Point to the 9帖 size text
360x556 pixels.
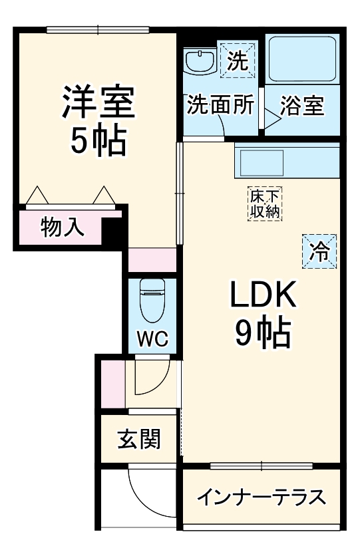[x=264, y=334]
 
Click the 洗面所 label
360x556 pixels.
[x=220, y=106]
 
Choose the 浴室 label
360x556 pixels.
[x=302, y=106]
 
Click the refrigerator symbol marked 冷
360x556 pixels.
[x=320, y=251]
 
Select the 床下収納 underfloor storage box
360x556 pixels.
[x=266, y=204]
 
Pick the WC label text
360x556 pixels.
[x=152, y=340]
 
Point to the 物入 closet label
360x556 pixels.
[x=63, y=227]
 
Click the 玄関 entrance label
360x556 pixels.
[x=139, y=440]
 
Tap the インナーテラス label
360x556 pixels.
[x=262, y=497]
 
